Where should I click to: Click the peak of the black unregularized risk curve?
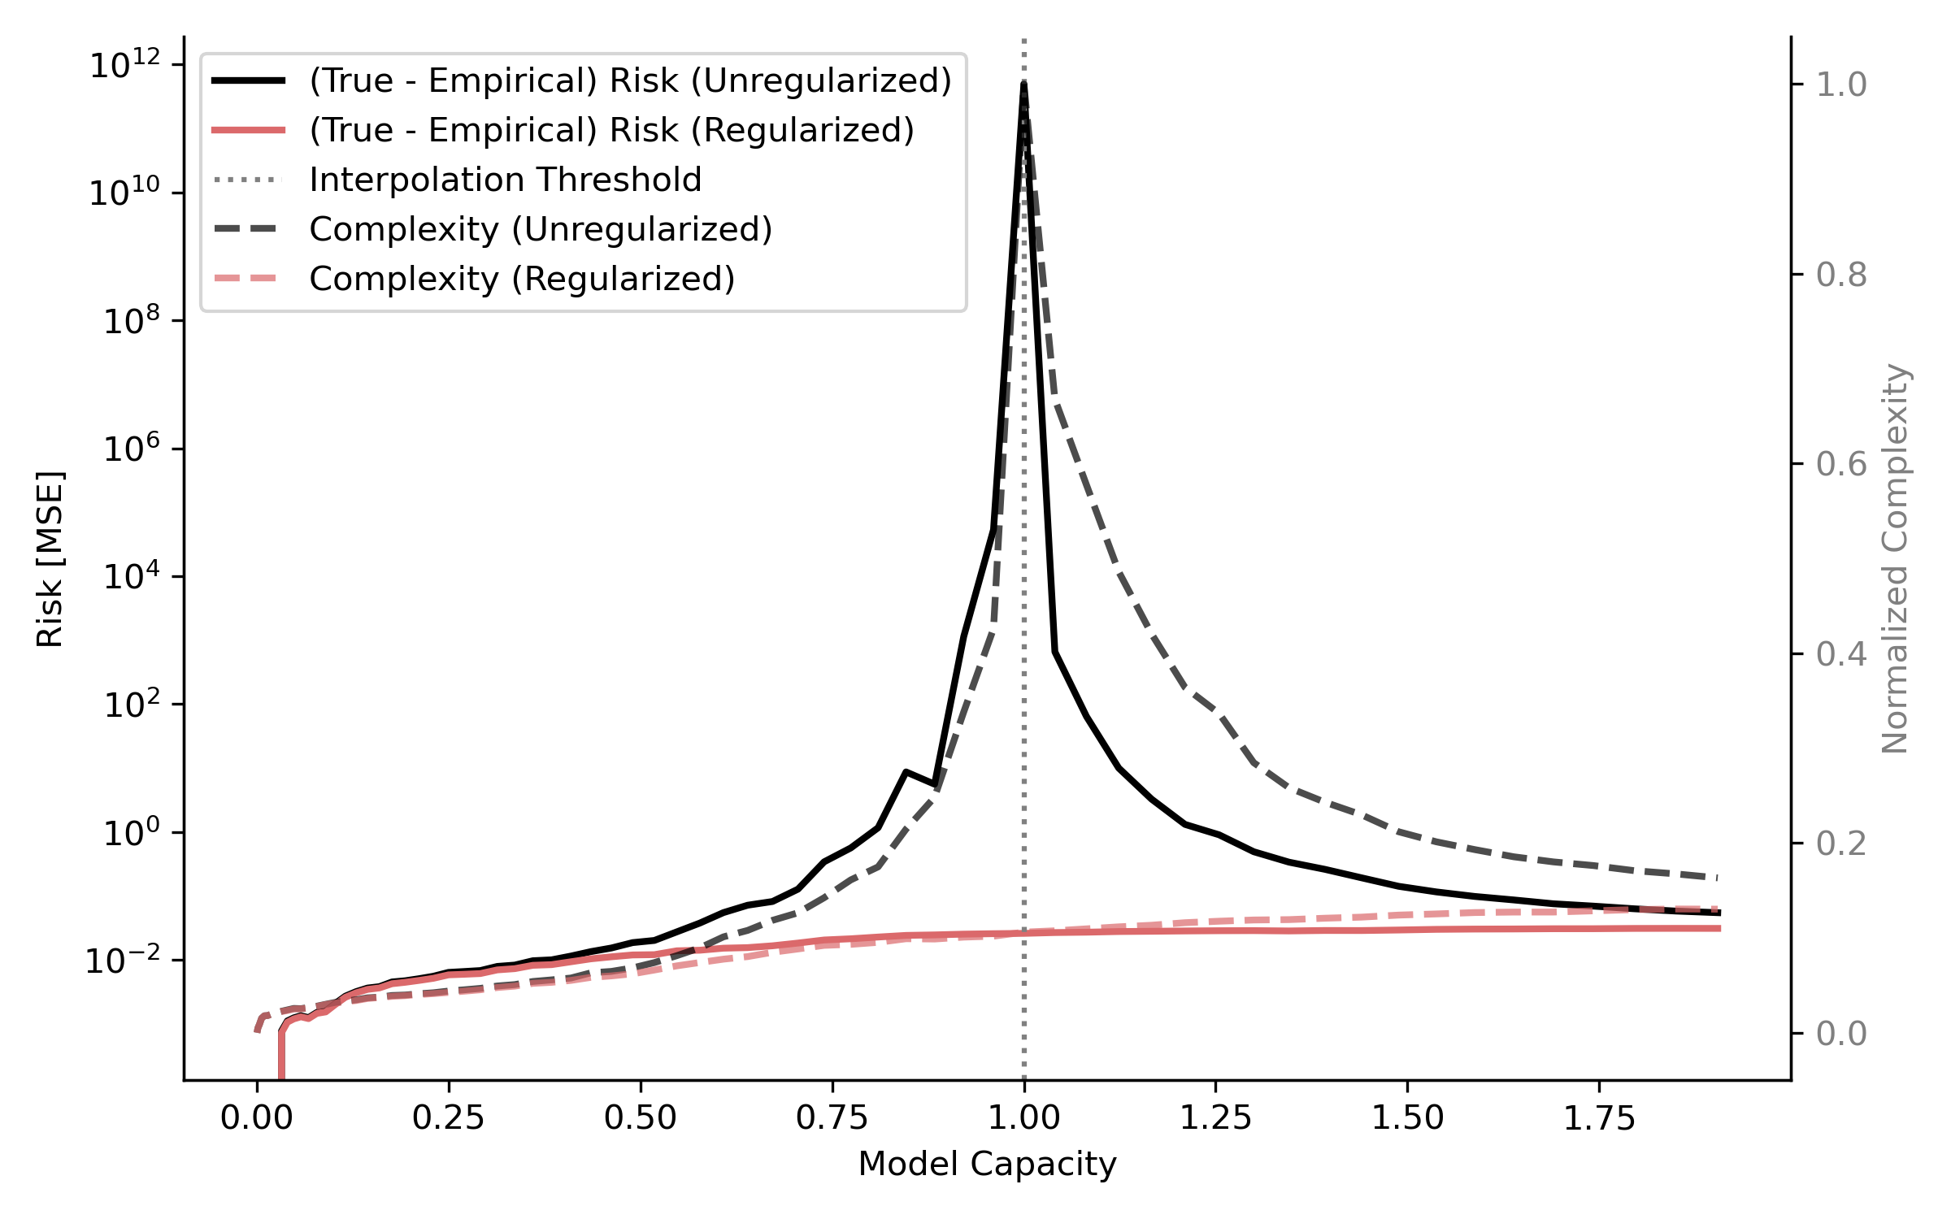pos(1024,84)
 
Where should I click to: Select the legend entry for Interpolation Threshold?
pos(505,180)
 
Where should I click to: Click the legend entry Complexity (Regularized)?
pos(522,279)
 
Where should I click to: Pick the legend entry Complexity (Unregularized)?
pos(541,229)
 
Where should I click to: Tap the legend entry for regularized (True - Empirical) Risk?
pos(611,130)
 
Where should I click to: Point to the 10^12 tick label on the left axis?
pos(124,65)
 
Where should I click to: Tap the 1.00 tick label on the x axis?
pos(1023,1118)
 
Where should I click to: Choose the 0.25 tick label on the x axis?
pos(448,1118)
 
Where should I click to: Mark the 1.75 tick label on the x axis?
pos(1599,1118)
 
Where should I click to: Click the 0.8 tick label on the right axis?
pos(1841,275)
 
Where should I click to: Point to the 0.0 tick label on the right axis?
pos(1841,1034)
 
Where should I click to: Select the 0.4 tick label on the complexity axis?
pos(1841,654)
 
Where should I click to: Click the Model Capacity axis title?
pos(987,1164)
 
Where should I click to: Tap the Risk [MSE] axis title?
pos(50,559)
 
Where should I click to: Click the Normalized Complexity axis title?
pos(1895,559)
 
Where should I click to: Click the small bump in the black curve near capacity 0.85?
pos(906,771)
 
